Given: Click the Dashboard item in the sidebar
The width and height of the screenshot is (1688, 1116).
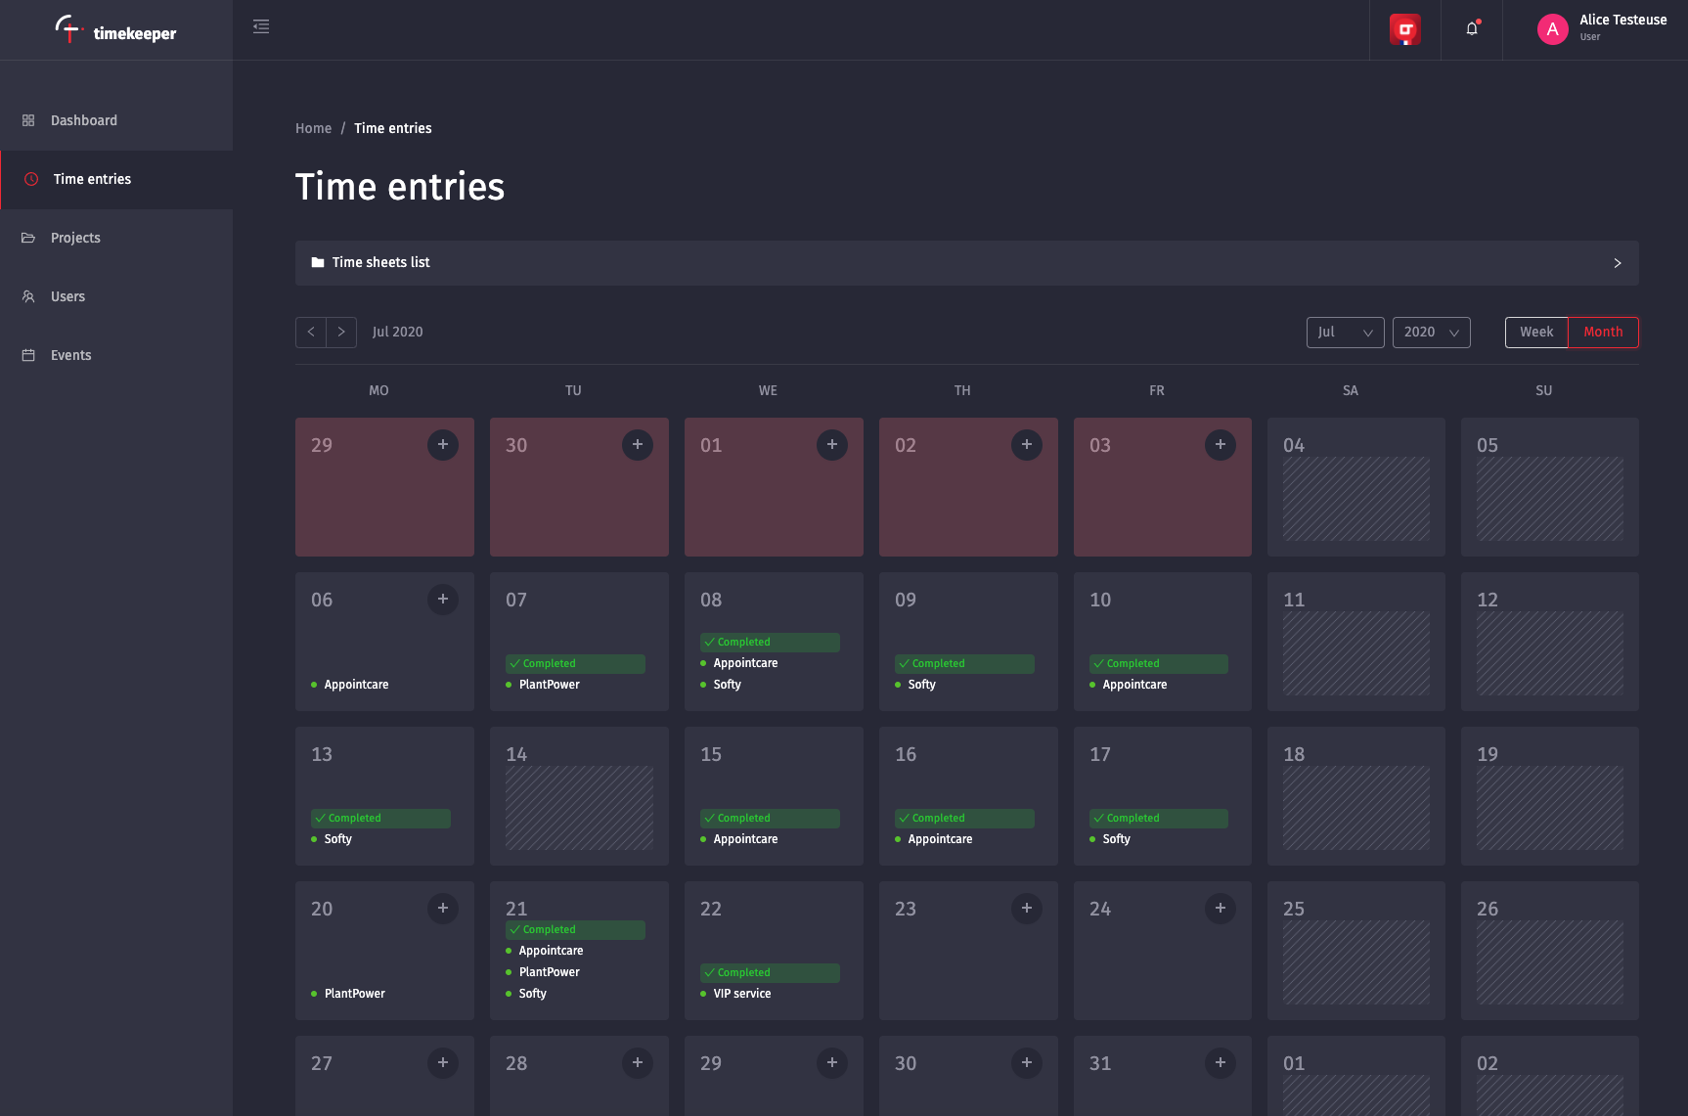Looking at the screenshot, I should [x=83, y=120].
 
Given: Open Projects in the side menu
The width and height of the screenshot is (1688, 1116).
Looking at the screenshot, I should [x=75, y=238].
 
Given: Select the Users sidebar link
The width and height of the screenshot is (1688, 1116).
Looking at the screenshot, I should [x=67, y=296].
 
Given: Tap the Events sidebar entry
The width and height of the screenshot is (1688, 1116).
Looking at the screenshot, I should [x=70, y=355].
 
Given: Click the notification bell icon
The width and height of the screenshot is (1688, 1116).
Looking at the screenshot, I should [x=1472, y=29].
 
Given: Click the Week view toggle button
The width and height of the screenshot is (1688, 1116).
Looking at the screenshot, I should [x=1536, y=333].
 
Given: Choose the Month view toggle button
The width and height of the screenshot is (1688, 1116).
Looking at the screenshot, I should [x=1603, y=333].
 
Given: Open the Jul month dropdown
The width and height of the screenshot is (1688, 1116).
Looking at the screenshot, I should [x=1345, y=333].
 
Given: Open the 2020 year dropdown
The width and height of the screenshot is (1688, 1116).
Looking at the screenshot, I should [x=1431, y=333].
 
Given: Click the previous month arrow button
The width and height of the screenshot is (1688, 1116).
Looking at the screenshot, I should [x=311, y=333].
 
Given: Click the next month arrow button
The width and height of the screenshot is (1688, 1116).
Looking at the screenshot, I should [x=341, y=333].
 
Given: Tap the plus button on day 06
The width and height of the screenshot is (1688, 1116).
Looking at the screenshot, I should [x=443, y=600].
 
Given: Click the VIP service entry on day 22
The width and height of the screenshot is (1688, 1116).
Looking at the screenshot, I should [x=742, y=994].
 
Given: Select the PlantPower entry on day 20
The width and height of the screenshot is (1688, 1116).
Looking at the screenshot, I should [x=354, y=994].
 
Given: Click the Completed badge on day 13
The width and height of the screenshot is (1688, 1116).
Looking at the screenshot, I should [x=380, y=819].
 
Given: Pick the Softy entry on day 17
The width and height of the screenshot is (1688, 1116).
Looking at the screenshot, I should [x=1116, y=839].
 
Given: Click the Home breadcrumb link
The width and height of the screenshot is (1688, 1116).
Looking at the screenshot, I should [x=313, y=128].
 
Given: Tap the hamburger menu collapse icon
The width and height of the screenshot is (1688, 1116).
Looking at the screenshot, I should [x=261, y=27].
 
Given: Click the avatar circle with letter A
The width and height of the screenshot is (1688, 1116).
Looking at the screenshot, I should [x=1552, y=29].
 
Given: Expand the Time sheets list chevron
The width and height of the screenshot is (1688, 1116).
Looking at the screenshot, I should [x=1618, y=263].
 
